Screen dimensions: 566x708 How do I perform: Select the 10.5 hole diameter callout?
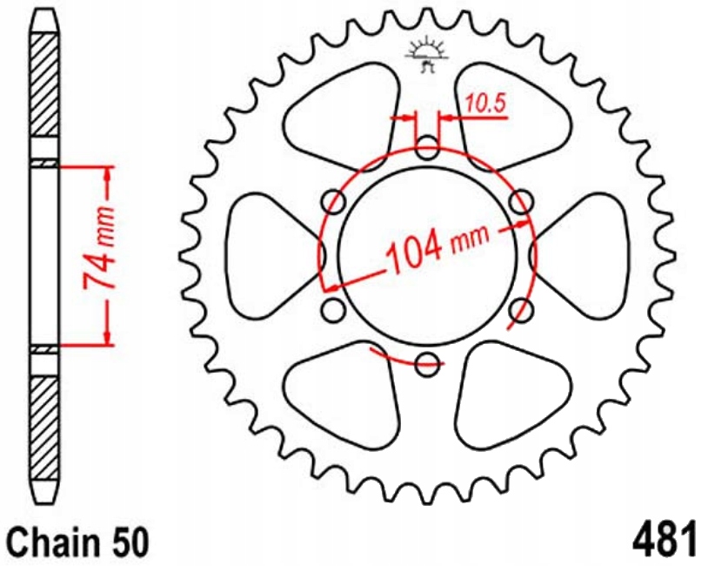pos(484,104)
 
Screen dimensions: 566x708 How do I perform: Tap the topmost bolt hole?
pos(427,148)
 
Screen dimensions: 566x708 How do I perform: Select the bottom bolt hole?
pos(427,365)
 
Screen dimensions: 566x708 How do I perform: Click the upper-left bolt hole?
pos(333,203)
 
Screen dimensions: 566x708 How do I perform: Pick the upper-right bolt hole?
pos(520,203)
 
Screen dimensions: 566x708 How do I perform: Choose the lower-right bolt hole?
pos(520,310)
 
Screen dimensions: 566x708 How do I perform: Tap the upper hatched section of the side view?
pos(45,87)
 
